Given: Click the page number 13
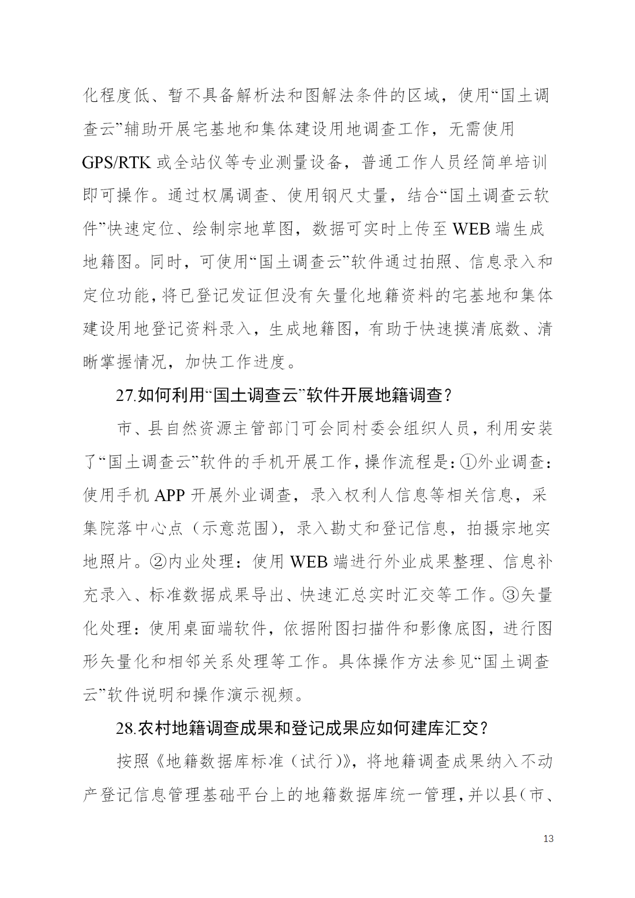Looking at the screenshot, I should click(x=548, y=838).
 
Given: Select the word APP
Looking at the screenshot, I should click(x=170, y=495).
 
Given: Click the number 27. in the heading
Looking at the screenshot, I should click(x=126, y=395).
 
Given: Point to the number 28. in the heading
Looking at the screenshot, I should click(x=126, y=728).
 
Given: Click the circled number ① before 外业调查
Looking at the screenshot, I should click(x=469, y=462).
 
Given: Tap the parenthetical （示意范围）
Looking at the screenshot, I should click(x=235, y=528).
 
